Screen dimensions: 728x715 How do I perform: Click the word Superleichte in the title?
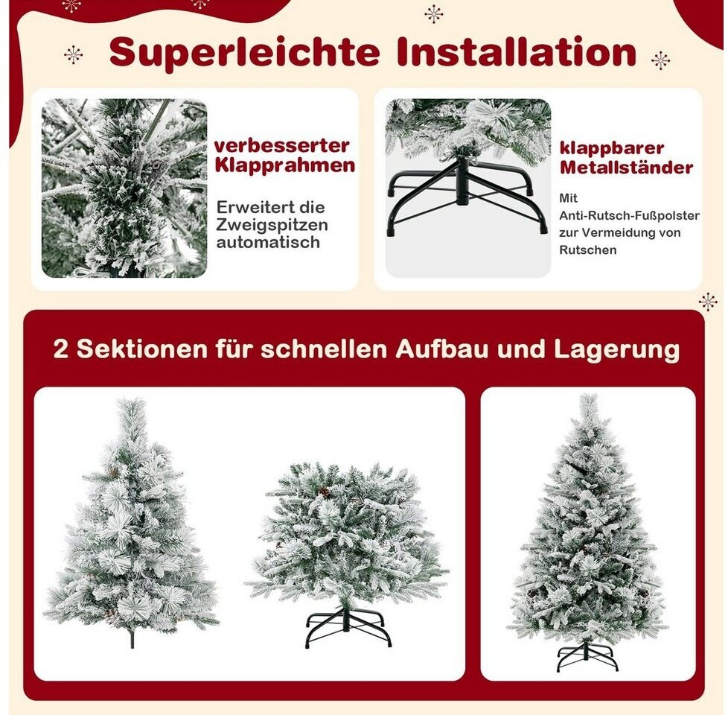point(244,54)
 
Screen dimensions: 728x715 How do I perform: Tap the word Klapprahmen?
point(284,166)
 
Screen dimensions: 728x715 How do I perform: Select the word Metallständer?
point(626,168)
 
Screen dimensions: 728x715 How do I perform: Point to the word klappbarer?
point(612,148)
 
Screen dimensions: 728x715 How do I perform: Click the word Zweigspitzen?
point(272,225)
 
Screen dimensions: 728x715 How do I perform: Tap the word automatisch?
point(268,242)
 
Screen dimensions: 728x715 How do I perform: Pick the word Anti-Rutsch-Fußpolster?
point(629,215)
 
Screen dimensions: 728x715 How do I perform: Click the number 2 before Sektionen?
point(61,349)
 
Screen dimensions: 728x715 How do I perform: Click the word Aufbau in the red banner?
point(442,349)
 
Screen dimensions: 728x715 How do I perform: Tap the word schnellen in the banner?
point(324,349)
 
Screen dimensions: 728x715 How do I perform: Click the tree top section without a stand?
point(132,521)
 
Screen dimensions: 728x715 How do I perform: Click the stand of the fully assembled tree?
point(587,655)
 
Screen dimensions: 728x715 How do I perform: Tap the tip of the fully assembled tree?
point(590,395)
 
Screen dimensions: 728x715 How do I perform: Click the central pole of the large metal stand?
point(462,181)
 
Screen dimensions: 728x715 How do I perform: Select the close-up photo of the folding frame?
point(124,188)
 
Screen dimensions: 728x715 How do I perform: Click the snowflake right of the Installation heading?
point(661,60)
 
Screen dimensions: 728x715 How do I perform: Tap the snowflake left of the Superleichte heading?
point(74,55)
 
